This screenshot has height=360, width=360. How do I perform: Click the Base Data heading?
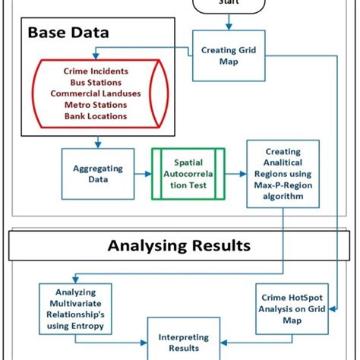[x=69, y=33]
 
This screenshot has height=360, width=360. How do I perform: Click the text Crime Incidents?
[x=96, y=71]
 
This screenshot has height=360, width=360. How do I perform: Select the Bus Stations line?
[x=96, y=82]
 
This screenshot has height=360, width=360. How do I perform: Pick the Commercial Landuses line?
[x=96, y=93]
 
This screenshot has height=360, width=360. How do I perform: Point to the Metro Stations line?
[x=96, y=105]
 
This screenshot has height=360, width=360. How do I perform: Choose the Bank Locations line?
[x=96, y=116]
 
